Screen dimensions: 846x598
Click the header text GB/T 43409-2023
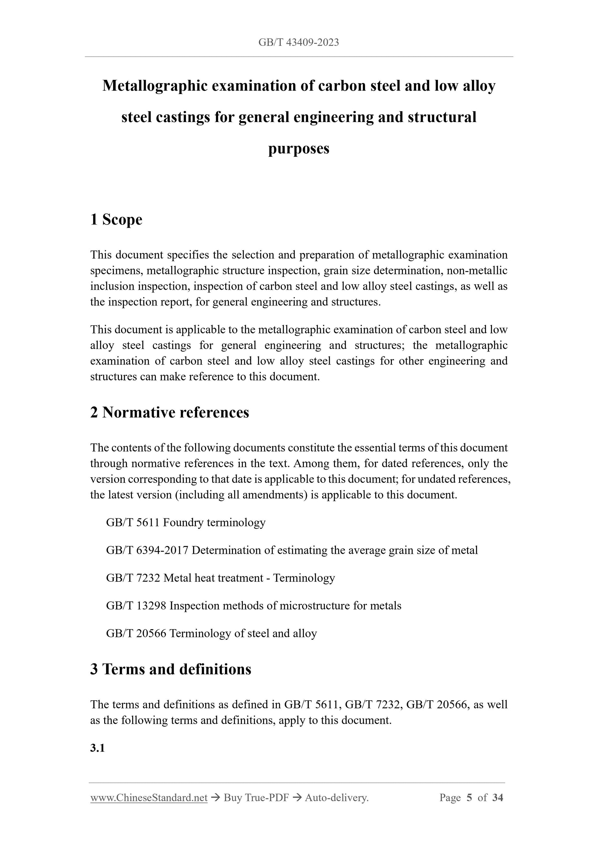298,42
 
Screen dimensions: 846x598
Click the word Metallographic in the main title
154,86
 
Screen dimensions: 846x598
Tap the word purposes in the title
298,148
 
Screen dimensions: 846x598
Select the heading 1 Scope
116,220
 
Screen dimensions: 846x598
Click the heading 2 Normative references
170,412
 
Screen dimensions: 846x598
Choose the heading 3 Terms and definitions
171,669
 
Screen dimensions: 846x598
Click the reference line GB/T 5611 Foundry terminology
186,522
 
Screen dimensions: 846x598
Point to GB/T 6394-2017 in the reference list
147,550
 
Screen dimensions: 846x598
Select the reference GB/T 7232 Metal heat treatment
220,578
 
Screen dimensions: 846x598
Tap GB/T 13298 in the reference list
136,606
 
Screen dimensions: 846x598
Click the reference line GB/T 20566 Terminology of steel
211,633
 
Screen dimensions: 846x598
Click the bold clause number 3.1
97,748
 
